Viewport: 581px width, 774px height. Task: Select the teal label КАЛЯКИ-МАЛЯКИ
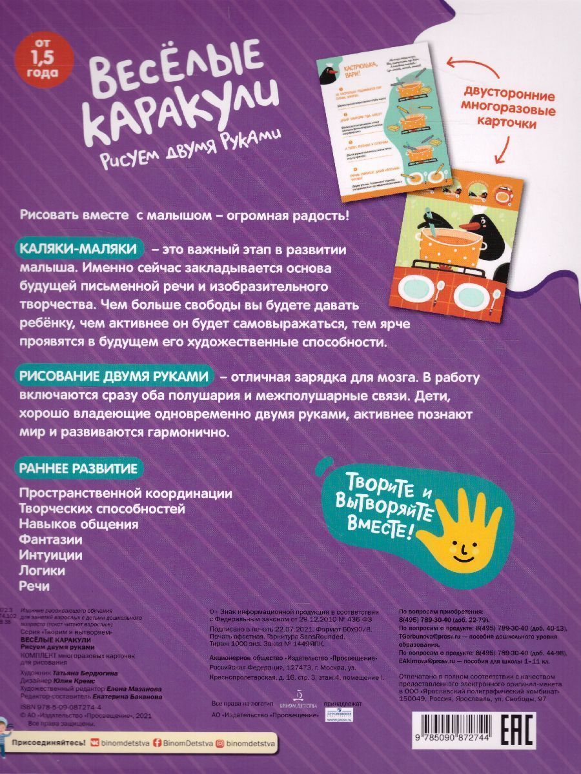(77, 248)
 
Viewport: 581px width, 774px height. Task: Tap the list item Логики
(43, 570)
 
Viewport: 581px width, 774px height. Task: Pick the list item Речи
(35, 586)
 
